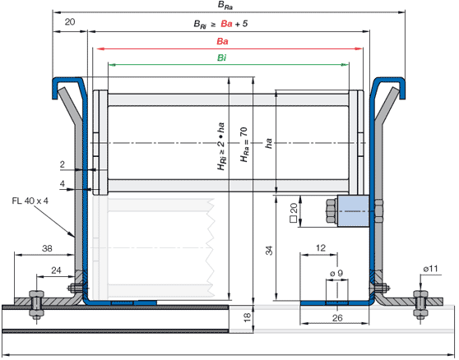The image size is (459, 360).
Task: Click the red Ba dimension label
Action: pos(222,41)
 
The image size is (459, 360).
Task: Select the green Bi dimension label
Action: pos(221,58)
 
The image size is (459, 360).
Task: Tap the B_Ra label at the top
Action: pos(225,6)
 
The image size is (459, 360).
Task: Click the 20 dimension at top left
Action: pos(70,22)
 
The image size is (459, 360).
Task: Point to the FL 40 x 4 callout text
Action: pos(30,201)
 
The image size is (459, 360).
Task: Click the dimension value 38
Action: pos(47,248)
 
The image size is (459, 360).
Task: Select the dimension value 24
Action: pos(56,270)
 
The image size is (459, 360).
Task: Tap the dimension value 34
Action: pos(269,251)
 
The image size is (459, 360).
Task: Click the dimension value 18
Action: pos(248,317)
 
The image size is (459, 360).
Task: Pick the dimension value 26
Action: pos(337,318)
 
